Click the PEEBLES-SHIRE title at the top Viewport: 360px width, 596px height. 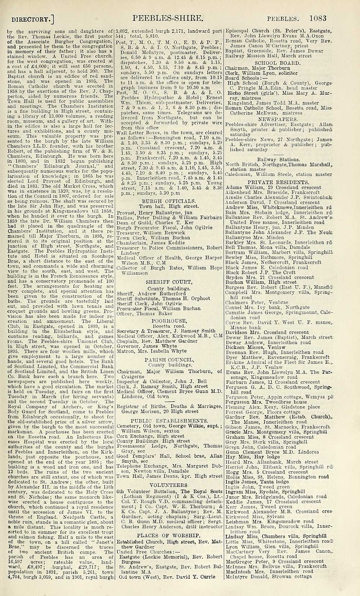169,17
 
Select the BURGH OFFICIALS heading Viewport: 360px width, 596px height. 169,201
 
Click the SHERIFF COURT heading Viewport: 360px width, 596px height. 169,282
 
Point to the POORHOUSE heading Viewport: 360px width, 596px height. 169,321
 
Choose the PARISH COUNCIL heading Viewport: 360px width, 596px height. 169,359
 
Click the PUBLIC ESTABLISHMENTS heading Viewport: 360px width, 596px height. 169,420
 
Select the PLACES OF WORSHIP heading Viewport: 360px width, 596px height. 169,535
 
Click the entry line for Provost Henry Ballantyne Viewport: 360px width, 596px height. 155,212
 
